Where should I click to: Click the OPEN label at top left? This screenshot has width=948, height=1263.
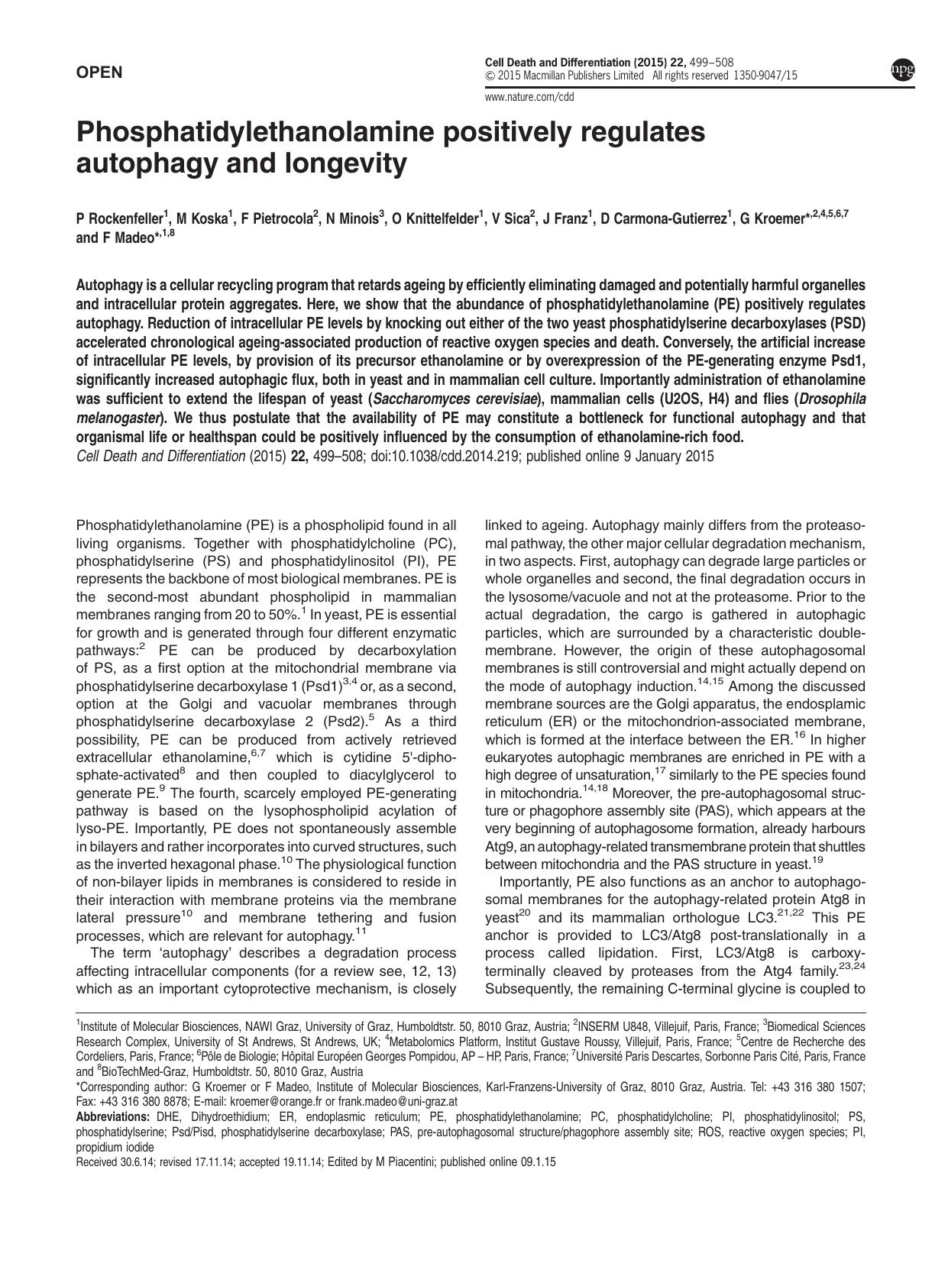99,73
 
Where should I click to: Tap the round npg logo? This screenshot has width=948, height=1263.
902,70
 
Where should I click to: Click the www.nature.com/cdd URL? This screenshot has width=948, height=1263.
529,97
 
